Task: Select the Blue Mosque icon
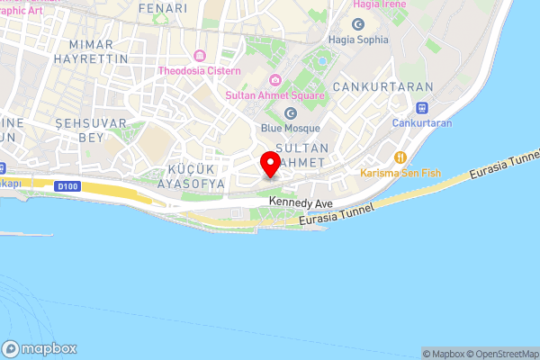click(291, 112)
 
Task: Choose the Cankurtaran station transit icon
click(422, 107)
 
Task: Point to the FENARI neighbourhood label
click(163, 8)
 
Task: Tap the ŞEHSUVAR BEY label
click(80, 130)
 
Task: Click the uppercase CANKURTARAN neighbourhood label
click(383, 86)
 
